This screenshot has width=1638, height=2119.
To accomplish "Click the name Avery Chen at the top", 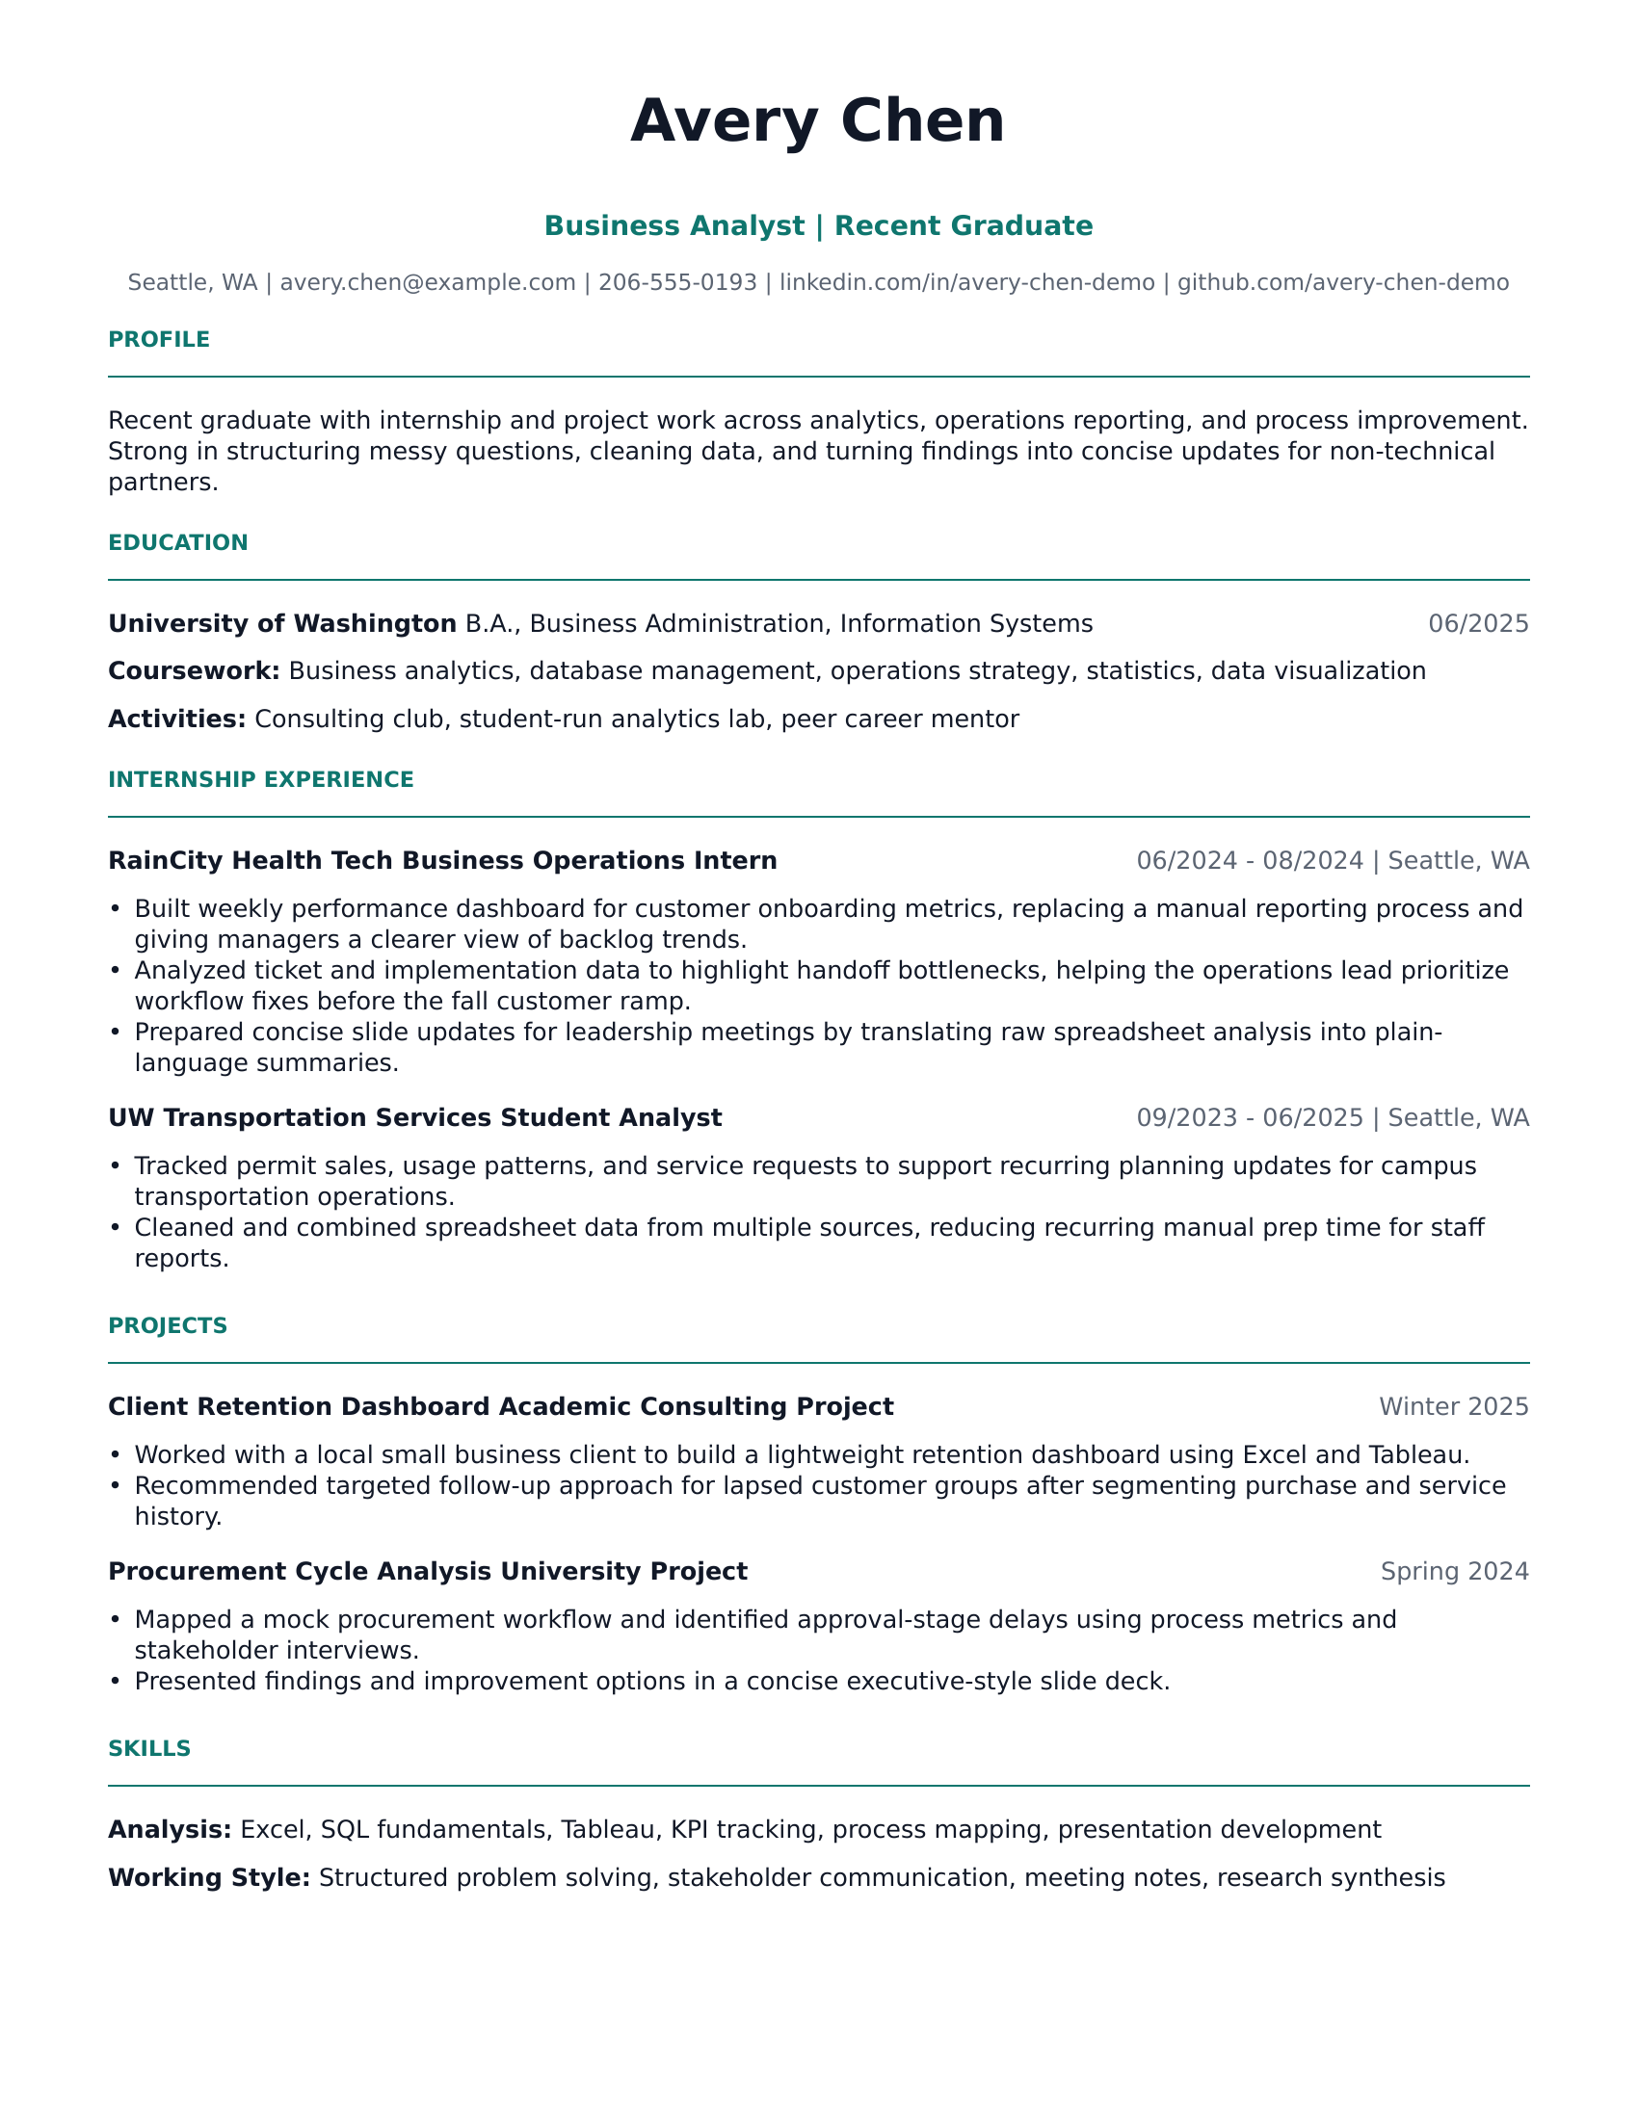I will click(817, 121).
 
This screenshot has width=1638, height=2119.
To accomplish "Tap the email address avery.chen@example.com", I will click(427, 282).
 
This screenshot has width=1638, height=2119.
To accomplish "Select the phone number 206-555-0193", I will click(677, 282).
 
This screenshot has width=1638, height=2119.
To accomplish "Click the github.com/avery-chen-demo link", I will click(1343, 282).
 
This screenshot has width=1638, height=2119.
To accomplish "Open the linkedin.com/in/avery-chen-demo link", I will click(966, 282).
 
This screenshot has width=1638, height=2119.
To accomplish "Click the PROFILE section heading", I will click(159, 340).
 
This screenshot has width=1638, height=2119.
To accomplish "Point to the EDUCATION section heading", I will click(177, 542).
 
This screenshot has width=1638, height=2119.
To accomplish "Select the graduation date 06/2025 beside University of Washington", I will click(1478, 623).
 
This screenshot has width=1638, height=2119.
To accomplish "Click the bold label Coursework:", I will click(194, 670).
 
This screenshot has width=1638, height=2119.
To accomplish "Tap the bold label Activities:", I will click(176, 719).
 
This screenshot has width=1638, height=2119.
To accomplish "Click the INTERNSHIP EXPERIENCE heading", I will click(261, 779).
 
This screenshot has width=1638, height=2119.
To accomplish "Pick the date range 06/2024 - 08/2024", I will click(1249, 860).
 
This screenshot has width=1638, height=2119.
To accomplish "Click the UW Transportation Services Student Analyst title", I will click(414, 1117).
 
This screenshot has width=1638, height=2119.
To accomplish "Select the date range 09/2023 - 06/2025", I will click(1249, 1117).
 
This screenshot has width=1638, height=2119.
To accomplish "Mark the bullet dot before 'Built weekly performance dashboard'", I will click(116, 909).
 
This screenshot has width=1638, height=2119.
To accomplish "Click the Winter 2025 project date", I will click(1454, 1407).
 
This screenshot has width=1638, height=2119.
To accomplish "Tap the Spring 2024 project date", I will click(1454, 1572).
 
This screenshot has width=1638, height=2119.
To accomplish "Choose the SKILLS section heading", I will click(149, 1748).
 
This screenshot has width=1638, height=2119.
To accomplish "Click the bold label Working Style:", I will click(209, 1877).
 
